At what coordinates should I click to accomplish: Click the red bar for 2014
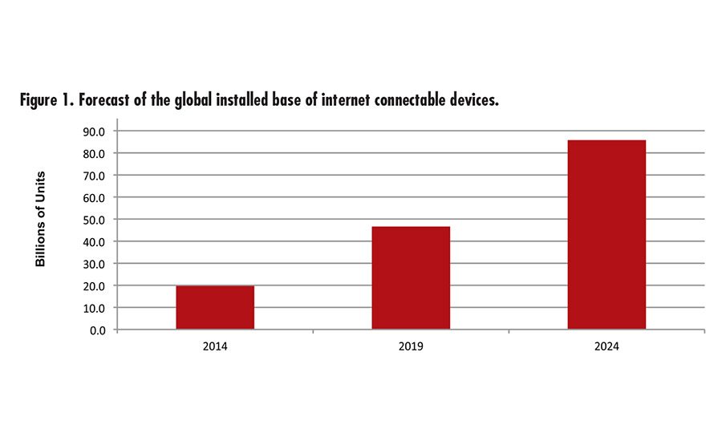click(215, 307)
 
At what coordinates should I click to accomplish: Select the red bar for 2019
click(411, 277)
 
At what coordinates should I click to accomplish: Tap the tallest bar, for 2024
click(606, 234)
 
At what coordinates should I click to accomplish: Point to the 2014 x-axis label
click(215, 349)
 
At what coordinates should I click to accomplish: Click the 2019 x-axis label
click(411, 349)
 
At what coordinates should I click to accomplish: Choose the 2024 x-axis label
click(606, 349)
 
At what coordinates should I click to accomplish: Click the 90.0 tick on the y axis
click(93, 131)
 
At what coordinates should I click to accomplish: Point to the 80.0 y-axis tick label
click(93, 153)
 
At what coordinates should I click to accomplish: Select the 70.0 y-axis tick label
click(93, 175)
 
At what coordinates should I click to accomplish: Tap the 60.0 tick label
click(93, 197)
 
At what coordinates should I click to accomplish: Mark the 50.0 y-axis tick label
click(93, 219)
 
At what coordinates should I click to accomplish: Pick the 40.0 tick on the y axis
click(93, 241)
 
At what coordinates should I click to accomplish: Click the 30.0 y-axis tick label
click(93, 263)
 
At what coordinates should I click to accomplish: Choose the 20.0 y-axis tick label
click(93, 285)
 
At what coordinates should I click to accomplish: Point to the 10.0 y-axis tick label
click(93, 307)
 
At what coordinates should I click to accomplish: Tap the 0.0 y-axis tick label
click(96, 330)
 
